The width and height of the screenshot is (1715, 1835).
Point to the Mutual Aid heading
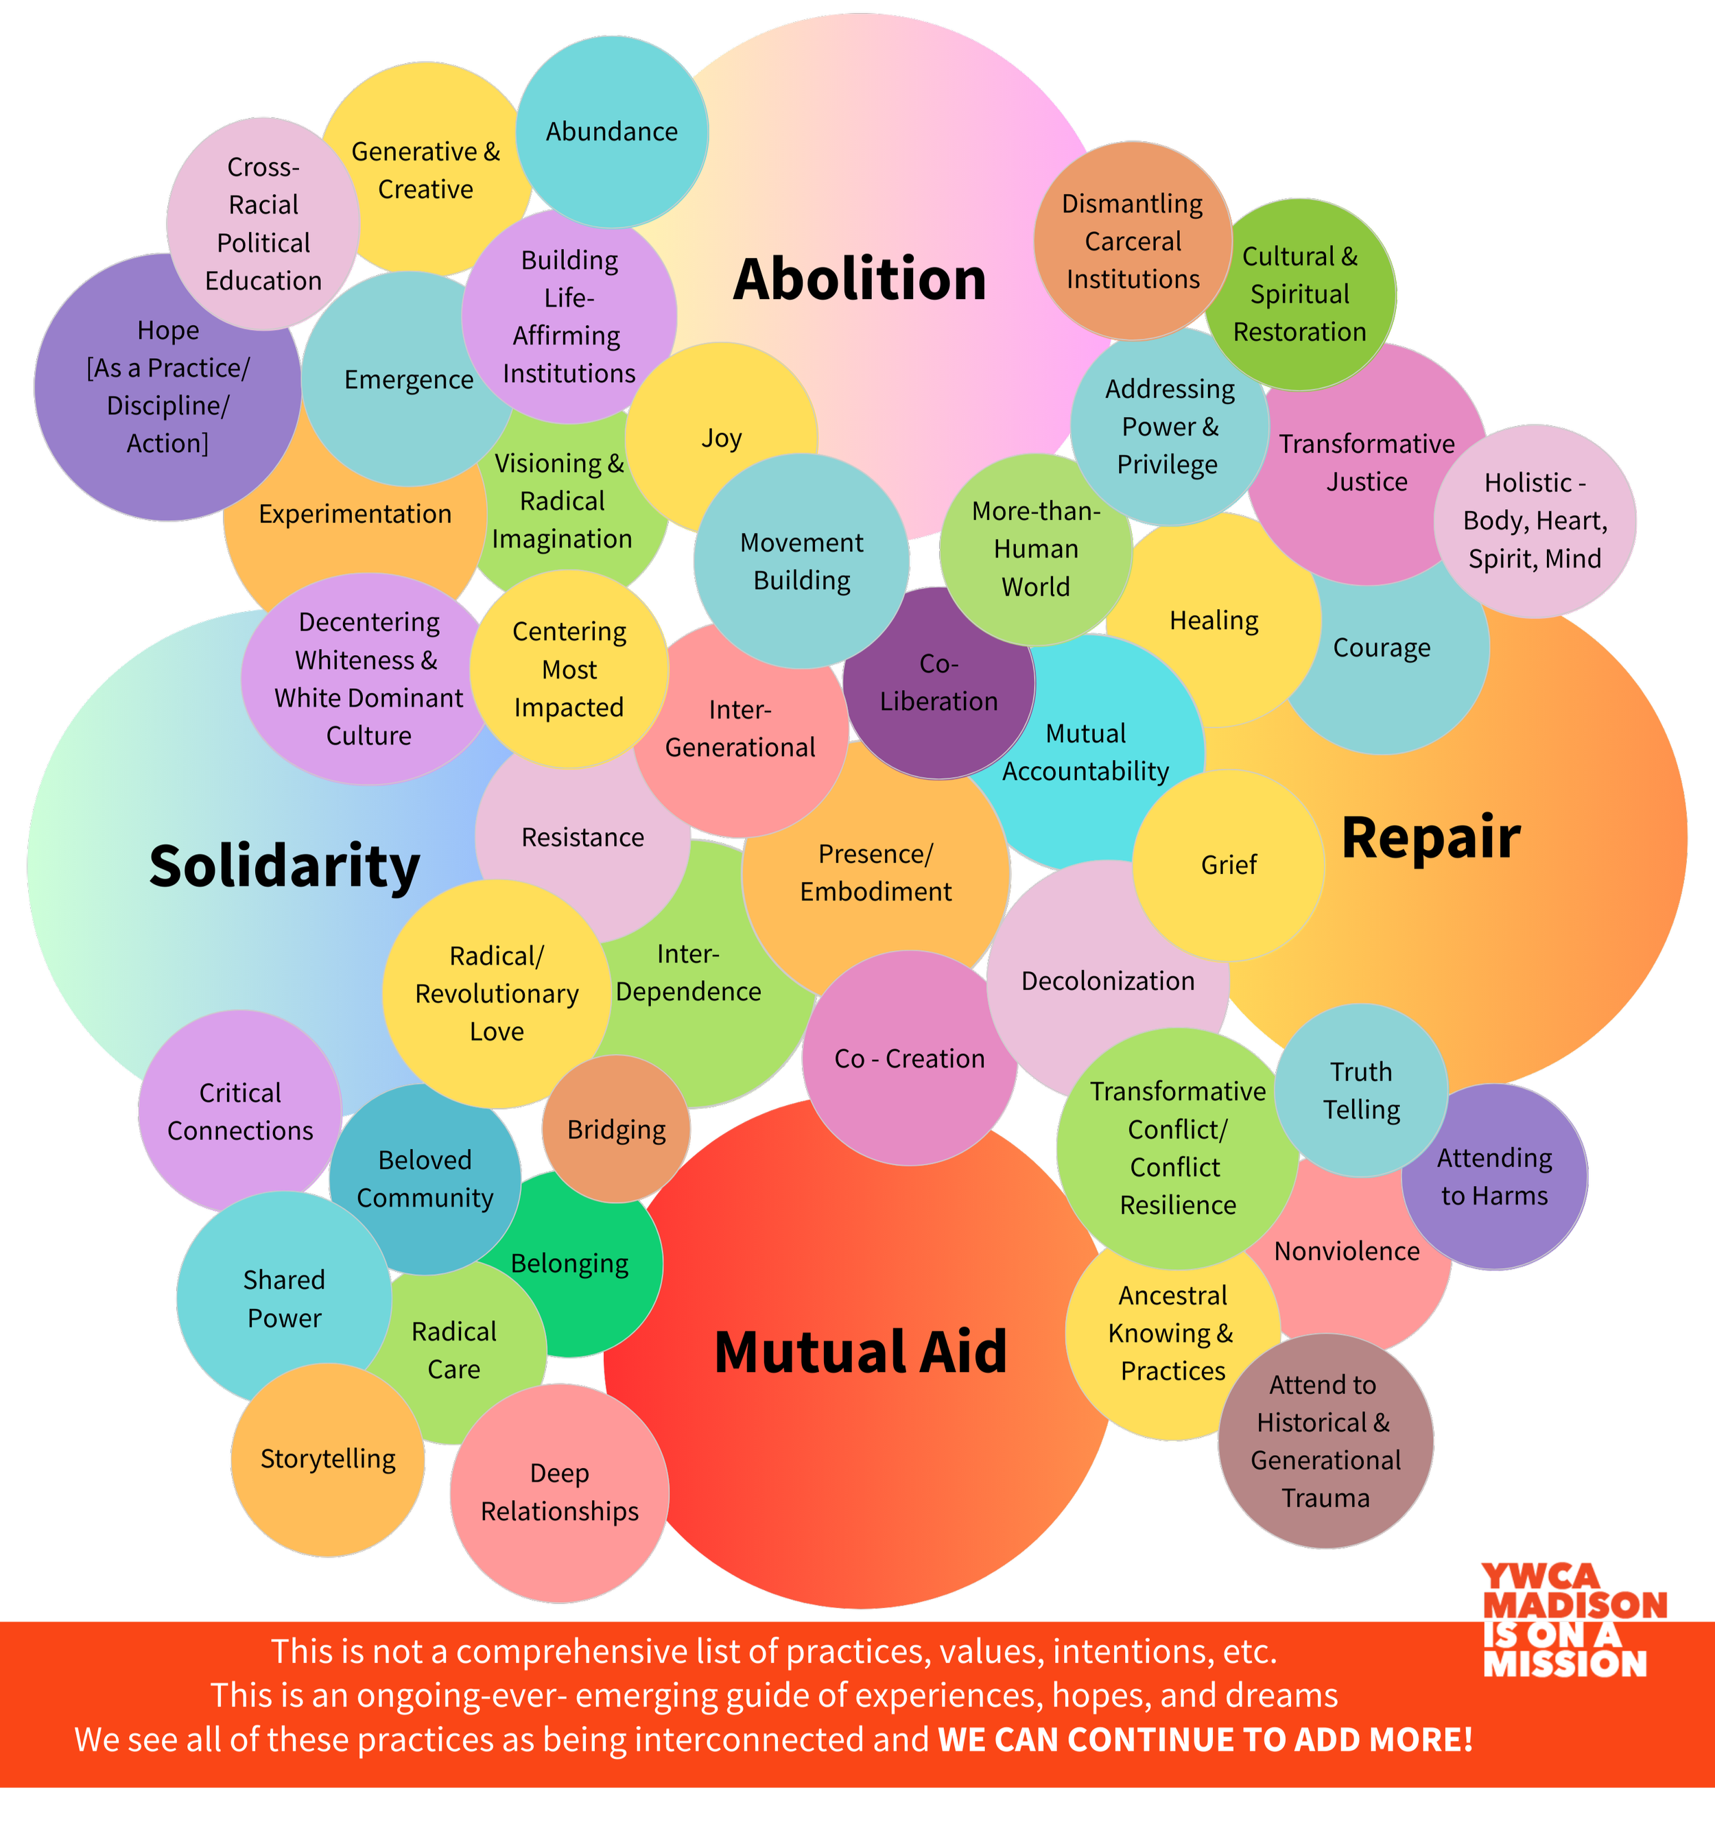(860, 1351)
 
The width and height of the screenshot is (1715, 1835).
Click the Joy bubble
(721, 438)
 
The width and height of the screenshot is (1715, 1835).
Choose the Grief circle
(1229, 865)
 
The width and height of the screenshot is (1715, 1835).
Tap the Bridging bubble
(615, 1129)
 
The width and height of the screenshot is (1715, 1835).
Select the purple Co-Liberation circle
(938, 683)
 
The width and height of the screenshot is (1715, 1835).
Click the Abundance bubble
(611, 132)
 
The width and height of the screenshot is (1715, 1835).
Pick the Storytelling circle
(328, 1458)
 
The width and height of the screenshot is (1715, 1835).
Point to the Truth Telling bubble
(1360, 1090)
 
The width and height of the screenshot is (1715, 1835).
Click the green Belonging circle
(569, 1263)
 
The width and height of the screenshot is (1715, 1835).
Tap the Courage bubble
(1382, 648)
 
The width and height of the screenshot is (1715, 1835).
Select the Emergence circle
(408, 379)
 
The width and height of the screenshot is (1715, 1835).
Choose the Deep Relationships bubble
(559, 1493)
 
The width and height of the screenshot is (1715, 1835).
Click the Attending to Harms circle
(1494, 1177)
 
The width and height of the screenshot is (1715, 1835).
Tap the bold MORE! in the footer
(1421, 1739)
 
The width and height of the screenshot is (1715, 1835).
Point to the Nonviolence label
(1347, 1252)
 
